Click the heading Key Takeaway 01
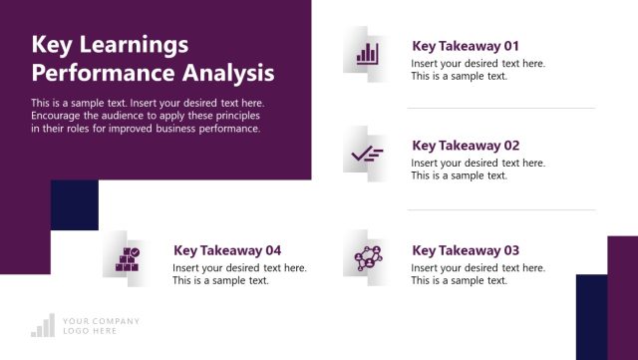coord(466,46)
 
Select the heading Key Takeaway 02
coord(466,146)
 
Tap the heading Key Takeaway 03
coord(466,250)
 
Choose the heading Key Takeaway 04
coord(227,250)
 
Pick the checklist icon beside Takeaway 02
coord(367,154)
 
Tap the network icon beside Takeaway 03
coord(367,258)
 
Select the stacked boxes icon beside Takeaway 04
coord(128,259)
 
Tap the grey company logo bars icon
coord(43,326)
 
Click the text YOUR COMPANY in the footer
coord(101,321)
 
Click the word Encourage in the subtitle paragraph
coord(59,116)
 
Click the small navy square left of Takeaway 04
coord(75,204)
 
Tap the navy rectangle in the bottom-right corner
coord(591,317)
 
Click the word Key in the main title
coord(50,46)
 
